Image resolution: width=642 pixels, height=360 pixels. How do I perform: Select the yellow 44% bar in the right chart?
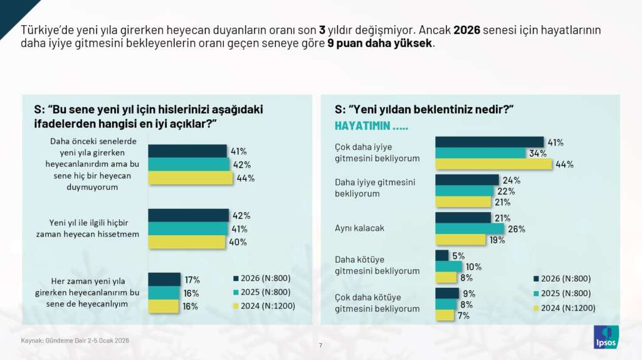click(x=493, y=164)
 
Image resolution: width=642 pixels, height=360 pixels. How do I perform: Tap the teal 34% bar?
click(x=480, y=152)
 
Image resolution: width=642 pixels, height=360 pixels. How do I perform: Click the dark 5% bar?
click(x=442, y=255)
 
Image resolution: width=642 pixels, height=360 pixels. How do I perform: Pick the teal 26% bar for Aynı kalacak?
click(x=470, y=228)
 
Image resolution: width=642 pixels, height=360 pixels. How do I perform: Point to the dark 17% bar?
click(x=164, y=279)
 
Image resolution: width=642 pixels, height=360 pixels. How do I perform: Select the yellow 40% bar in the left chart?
click(x=186, y=242)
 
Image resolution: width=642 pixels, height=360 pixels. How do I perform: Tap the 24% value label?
click(x=512, y=180)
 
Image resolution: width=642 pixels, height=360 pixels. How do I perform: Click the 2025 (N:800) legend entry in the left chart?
click(x=261, y=293)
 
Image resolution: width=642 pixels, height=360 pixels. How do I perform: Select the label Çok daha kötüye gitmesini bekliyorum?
click(x=377, y=303)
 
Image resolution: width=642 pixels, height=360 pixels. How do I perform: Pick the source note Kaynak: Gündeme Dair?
click(x=75, y=340)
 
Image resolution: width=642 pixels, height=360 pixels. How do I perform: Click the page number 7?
click(x=320, y=345)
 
